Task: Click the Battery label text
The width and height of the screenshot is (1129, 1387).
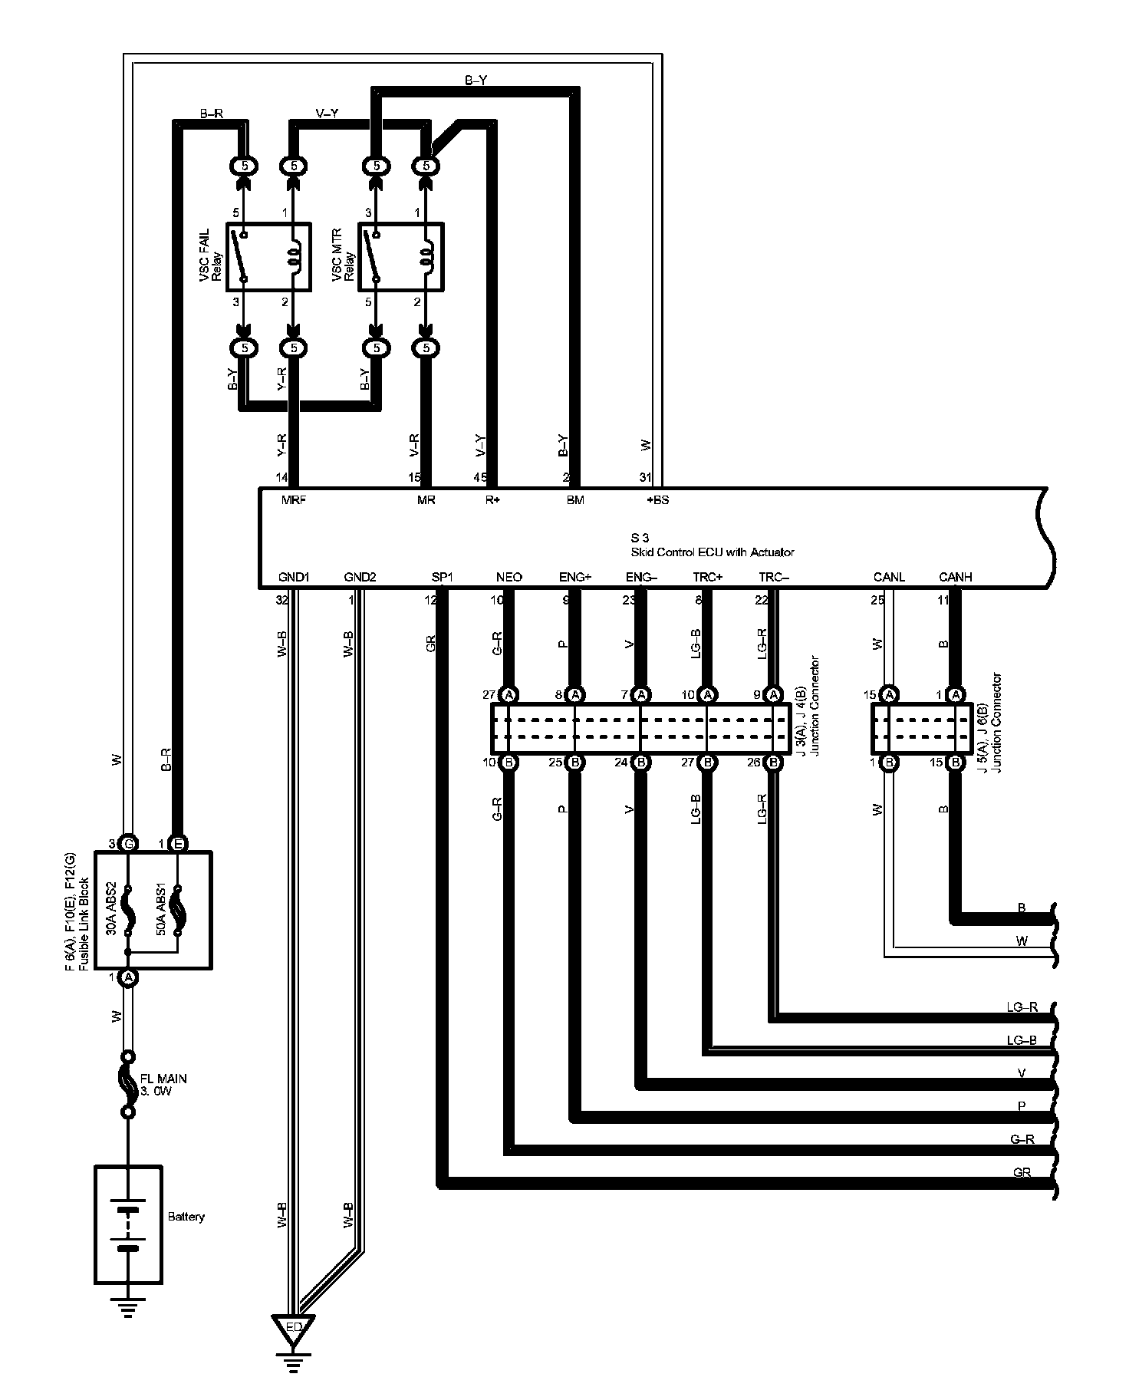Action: pos(186,1217)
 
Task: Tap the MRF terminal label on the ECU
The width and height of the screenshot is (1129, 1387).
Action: pos(293,500)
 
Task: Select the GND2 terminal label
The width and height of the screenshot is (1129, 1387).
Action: pos(360,577)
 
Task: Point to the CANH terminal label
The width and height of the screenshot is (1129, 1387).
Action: pos(955,577)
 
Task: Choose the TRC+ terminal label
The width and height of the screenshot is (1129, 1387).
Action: pos(708,577)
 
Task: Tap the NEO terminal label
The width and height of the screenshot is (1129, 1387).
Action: pos(509,577)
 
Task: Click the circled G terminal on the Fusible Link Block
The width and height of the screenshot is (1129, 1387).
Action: pos(129,844)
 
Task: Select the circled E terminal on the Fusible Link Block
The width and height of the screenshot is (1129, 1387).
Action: pos(177,844)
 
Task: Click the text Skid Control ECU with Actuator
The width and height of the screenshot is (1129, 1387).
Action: pos(712,552)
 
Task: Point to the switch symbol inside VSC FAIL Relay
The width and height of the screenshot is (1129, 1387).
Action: pos(243,258)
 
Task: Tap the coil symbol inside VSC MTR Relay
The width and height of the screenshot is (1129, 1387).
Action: pos(426,258)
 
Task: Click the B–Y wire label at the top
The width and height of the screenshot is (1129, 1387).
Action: pos(476,80)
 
